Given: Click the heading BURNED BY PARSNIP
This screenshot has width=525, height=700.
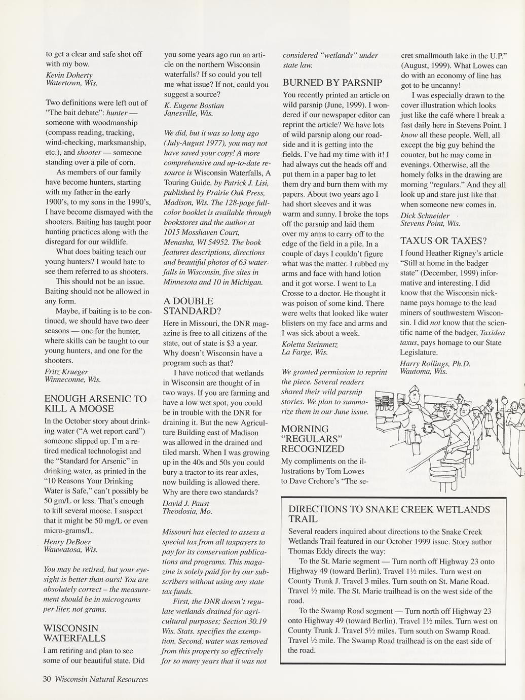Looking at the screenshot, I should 332,82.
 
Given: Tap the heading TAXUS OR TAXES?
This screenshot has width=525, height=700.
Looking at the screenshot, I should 443,240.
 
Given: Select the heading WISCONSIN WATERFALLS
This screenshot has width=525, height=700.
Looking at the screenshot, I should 74,633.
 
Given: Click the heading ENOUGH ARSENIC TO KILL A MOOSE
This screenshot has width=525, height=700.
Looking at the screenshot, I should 95,404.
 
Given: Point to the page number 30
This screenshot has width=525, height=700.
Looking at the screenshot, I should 47,679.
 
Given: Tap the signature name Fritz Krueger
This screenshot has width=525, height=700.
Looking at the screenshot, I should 66,371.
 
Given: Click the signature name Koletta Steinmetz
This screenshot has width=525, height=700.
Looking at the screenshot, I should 310,344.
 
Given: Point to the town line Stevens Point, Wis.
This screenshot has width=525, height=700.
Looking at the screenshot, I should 430,223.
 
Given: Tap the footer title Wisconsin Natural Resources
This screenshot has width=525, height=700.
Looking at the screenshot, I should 101,679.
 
